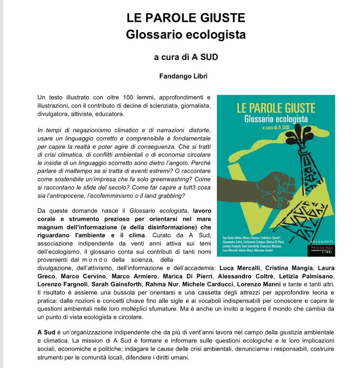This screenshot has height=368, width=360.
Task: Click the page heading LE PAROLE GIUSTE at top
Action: point(186,18)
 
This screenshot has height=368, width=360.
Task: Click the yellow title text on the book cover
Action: point(276,108)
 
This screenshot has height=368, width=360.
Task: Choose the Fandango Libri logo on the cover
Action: point(322,249)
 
